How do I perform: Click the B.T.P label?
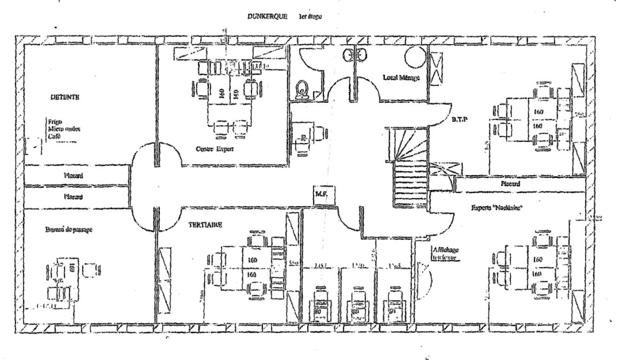[x=459, y=120]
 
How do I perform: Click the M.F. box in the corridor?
[x=325, y=195]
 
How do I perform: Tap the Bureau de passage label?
[x=63, y=229]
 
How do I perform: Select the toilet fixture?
[x=301, y=90]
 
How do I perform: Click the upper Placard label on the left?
[x=75, y=174]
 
